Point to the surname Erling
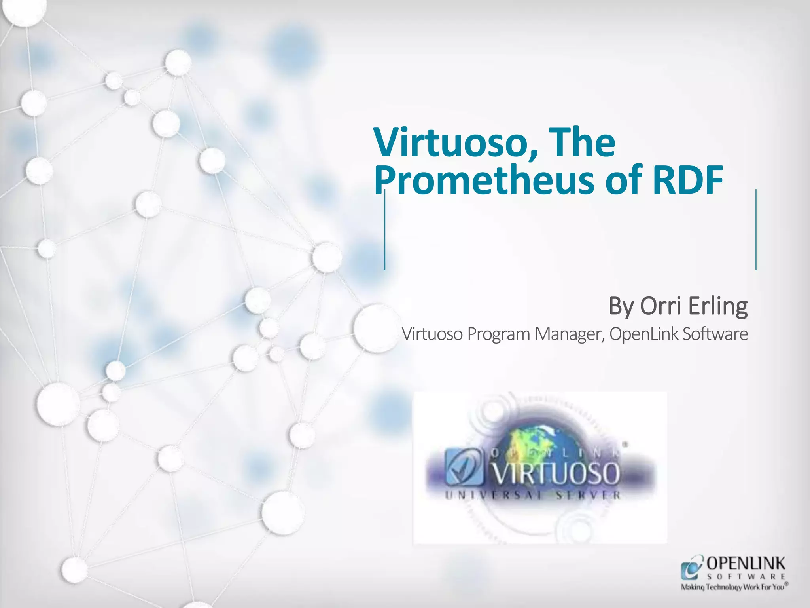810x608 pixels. click(717, 306)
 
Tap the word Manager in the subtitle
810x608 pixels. click(570, 334)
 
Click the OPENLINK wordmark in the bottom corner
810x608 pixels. click(746, 563)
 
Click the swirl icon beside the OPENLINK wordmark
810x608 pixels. click(691, 568)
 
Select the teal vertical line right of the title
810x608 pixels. click(756, 230)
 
